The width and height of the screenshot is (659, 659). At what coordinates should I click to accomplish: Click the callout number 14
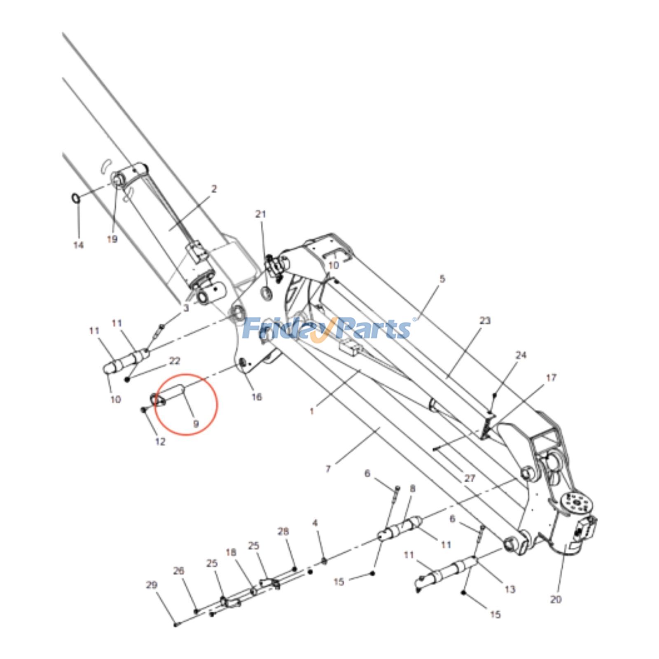point(78,245)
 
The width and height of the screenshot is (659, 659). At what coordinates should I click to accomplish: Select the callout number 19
point(112,239)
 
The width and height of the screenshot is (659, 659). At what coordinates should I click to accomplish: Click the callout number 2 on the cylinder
point(214,189)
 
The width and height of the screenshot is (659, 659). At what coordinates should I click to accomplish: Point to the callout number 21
point(261,214)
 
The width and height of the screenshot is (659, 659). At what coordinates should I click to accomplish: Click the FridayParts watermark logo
point(327,329)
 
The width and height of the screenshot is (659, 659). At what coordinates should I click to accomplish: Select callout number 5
point(442,279)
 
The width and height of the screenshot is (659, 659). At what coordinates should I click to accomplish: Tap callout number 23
point(486,320)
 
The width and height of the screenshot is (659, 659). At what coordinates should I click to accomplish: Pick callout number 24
point(521,355)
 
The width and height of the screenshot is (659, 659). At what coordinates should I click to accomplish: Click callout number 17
point(551,378)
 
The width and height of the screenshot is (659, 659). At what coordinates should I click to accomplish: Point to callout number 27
point(470,478)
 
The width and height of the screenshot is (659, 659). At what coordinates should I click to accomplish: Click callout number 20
point(556,599)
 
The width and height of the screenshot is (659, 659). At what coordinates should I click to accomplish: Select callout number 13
point(510,589)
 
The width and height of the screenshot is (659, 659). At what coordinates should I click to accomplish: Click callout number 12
point(160,442)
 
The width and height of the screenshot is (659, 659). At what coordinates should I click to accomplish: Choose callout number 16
point(257,397)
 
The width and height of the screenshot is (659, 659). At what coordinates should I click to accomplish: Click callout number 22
point(175,361)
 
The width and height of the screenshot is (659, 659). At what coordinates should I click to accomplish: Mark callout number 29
point(152,585)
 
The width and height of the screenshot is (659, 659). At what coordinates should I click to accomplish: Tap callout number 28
point(283,531)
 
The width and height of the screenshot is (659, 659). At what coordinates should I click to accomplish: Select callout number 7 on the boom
point(328,469)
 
